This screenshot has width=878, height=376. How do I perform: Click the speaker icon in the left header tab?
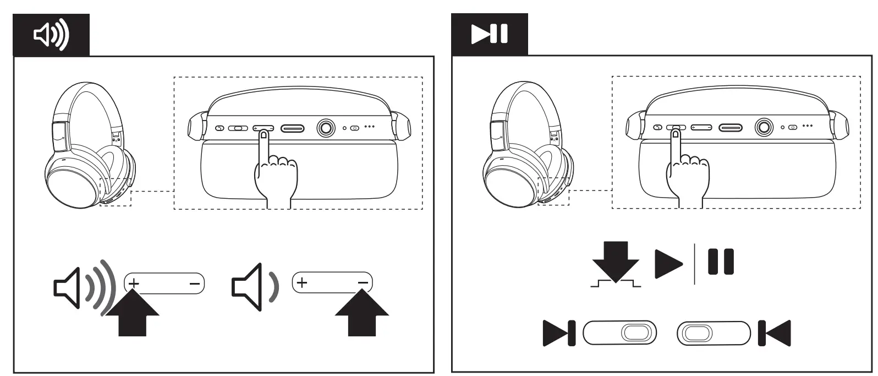(51, 35)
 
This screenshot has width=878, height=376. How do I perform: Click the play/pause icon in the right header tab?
(489, 34)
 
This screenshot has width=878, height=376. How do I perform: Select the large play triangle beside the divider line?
(668, 264)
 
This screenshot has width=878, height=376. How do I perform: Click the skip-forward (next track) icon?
(559, 333)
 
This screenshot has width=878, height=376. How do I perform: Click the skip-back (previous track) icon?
(775, 333)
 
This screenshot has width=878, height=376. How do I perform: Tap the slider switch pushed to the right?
(620, 333)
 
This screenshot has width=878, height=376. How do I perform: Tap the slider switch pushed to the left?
(714, 333)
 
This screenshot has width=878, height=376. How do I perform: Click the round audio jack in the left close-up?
(326, 128)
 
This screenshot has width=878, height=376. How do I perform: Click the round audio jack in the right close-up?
(764, 127)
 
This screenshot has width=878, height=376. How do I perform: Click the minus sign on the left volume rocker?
(194, 284)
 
